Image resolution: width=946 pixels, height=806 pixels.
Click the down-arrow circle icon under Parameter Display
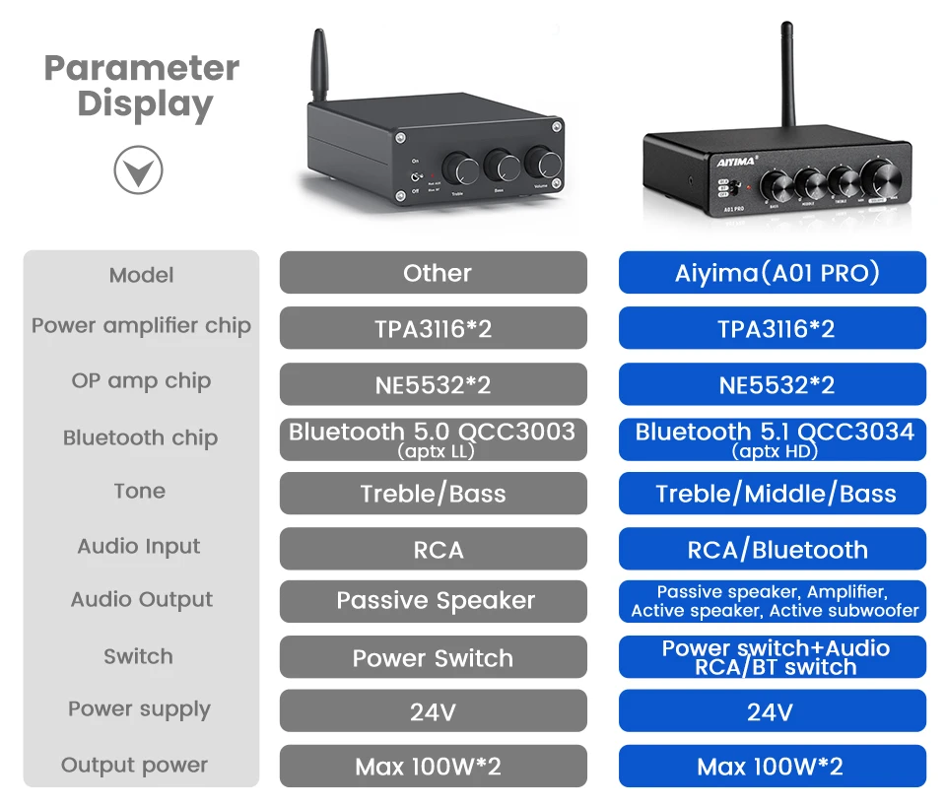[x=138, y=169]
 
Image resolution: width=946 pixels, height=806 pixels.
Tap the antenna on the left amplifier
[x=318, y=66]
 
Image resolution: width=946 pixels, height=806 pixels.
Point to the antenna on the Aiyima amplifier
[x=787, y=76]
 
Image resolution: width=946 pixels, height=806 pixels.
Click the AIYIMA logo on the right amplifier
[x=736, y=162]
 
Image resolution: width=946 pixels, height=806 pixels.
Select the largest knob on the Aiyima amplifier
[x=881, y=178]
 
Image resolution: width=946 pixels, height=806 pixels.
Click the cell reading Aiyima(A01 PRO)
[x=773, y=273]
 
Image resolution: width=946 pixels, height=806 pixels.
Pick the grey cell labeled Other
[x=434, y=273]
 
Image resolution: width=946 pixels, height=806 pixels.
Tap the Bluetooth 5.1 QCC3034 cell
[x=773, y=439]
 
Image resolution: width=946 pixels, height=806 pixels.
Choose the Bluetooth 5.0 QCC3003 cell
[x=434, y=439]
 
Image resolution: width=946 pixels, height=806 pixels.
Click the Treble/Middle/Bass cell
[x=773, y=494]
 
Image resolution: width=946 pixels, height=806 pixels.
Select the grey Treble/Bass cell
[x=434, y=494]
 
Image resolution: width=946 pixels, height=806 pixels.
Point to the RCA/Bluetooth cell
[x=773, y=549]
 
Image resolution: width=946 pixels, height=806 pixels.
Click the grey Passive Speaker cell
[x=434, y=601]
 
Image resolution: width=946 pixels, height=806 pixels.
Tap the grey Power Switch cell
[x=434, y=657]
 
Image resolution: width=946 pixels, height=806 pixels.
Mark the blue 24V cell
[x=773, y=710]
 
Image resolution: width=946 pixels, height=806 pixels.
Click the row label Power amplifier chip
[x=141, y=326]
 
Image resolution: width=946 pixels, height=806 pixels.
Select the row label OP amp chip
[x=141, y=381]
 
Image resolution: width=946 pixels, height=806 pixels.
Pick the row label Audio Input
[x=139, y=547]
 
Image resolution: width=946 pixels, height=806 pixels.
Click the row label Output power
[x=135, y=765]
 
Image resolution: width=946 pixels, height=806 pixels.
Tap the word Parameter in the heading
[x=142, y=68]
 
